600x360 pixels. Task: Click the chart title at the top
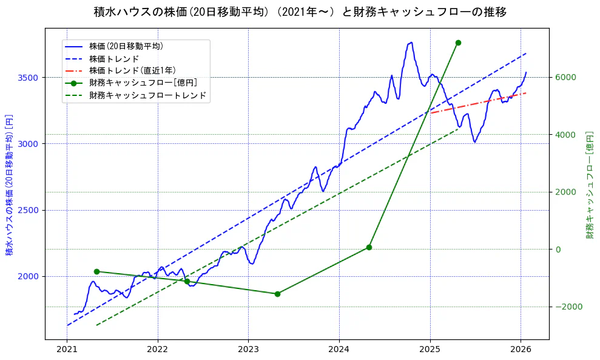(300, 12)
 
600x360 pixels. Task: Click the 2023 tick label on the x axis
(248, 350)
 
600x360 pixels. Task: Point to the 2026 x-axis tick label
(521, 350)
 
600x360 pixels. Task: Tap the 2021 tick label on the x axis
(67, 350)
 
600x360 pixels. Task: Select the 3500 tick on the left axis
(29, 78)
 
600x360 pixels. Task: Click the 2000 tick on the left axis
(29, 276)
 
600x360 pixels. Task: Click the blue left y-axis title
(9, 185)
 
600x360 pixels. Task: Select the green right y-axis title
(589, 185)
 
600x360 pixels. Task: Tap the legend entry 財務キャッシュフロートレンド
(147, 95)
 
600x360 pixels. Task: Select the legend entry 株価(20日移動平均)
(126, 46)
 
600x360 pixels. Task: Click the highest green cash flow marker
(458, 42)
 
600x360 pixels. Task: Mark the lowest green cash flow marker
(277, 294)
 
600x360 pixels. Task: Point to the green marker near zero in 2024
(369, 247)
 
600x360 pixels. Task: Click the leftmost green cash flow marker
(96, 271)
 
